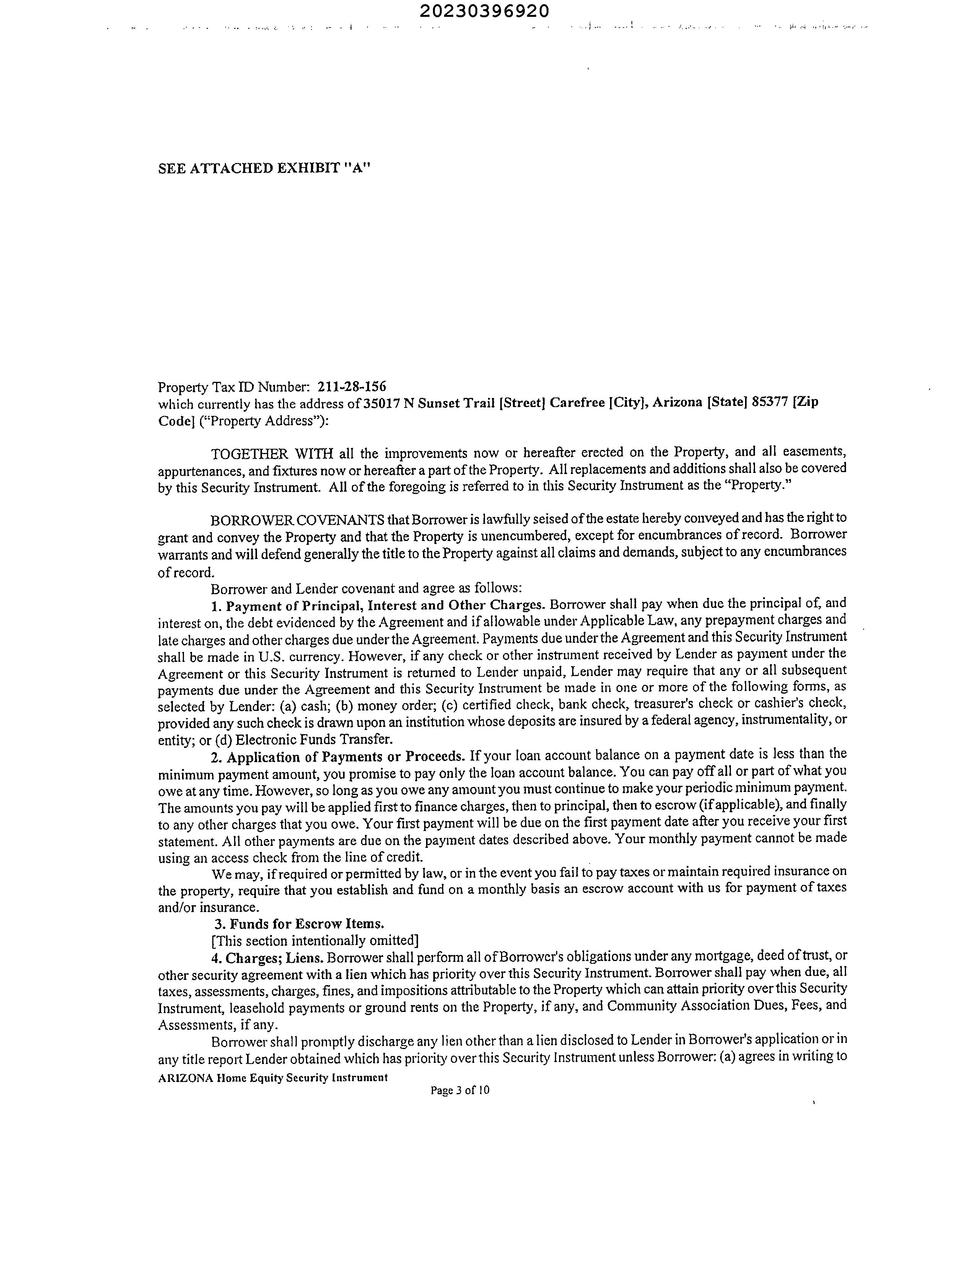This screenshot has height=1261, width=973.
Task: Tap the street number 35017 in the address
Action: coord(381,403)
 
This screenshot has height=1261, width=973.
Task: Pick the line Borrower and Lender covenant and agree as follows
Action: coord(366,588)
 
